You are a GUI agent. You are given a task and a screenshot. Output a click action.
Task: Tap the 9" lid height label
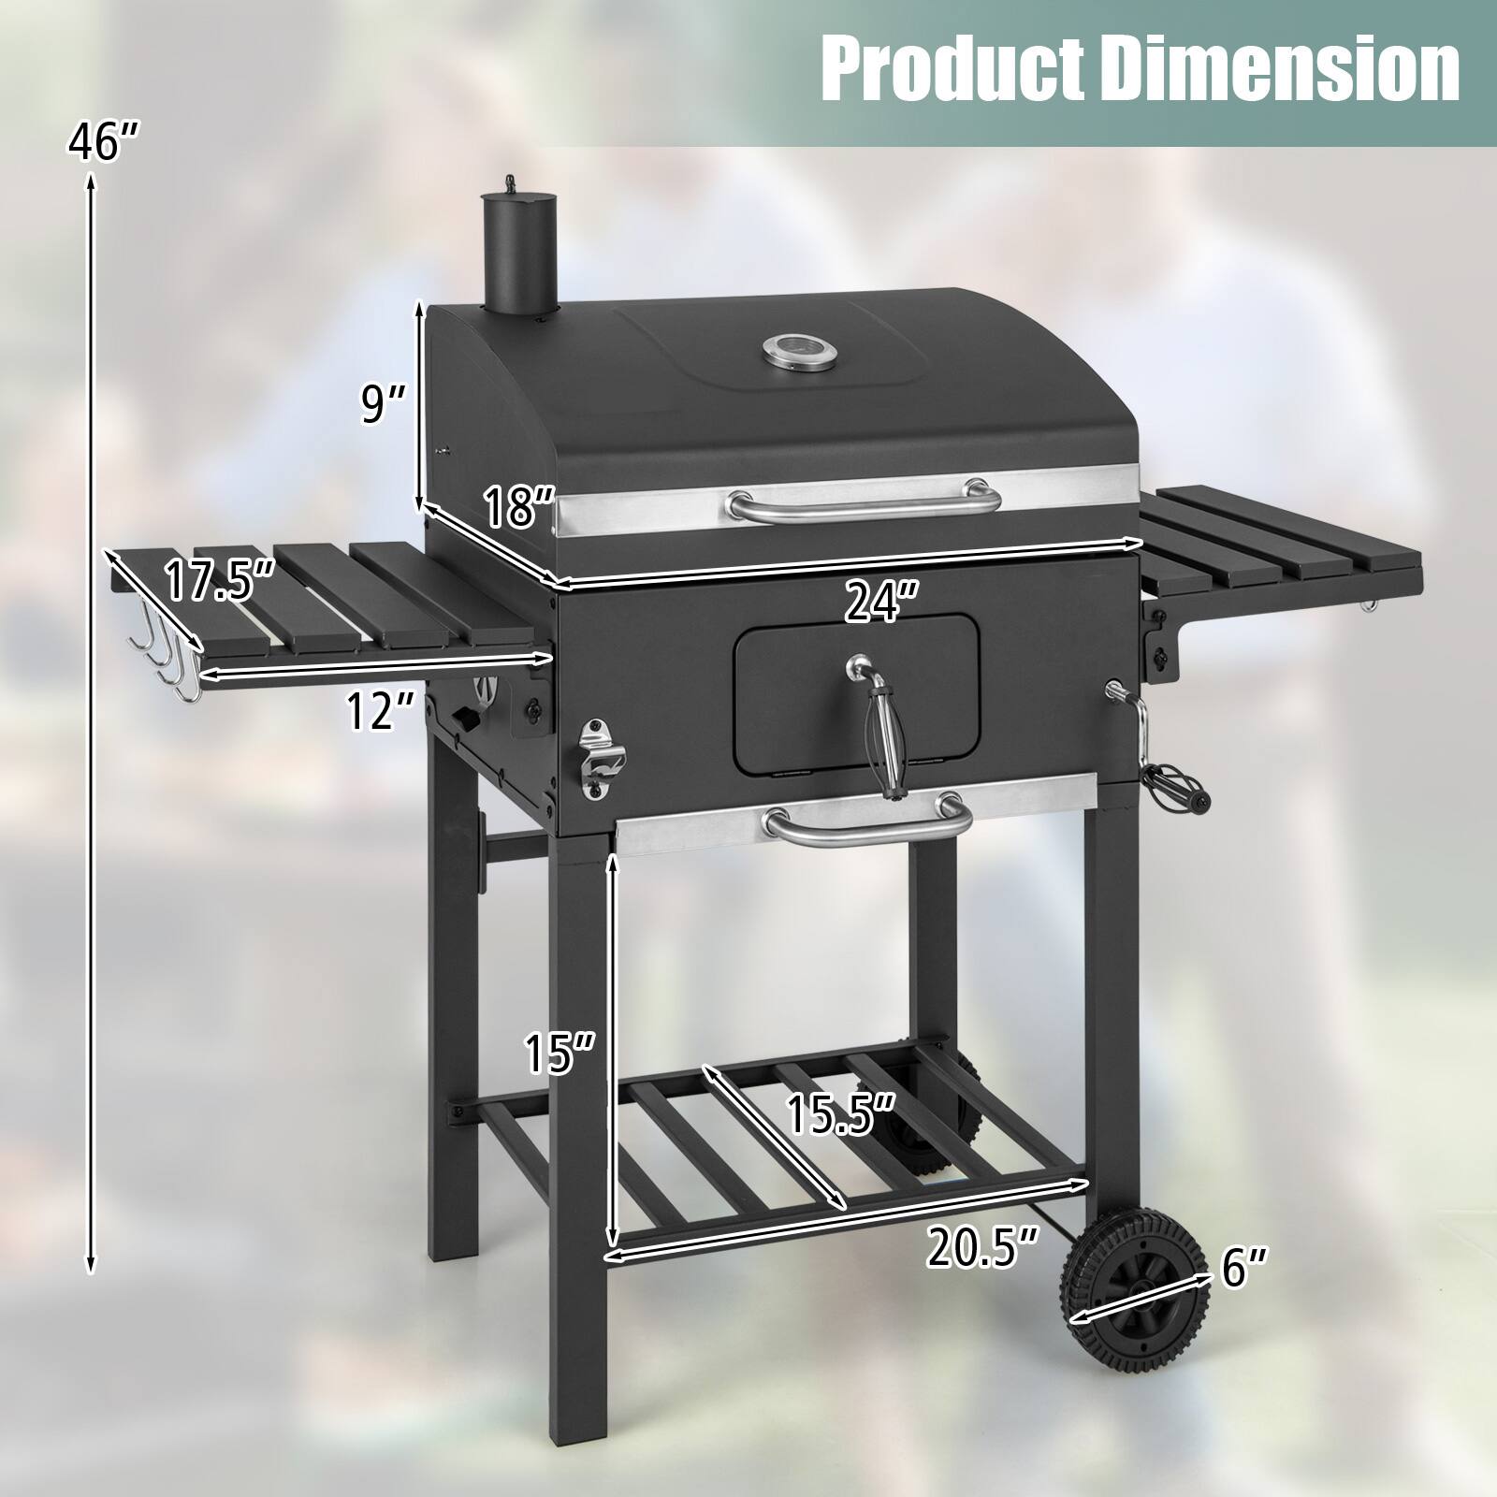point(385,404)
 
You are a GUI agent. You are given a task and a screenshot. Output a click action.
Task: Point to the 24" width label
point(880,603)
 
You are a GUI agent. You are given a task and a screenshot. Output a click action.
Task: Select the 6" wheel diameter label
point(1244,1269)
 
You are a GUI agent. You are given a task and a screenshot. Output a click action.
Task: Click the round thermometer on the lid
point(790,352)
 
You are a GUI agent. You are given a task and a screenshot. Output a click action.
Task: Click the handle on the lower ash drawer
point(866,823)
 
